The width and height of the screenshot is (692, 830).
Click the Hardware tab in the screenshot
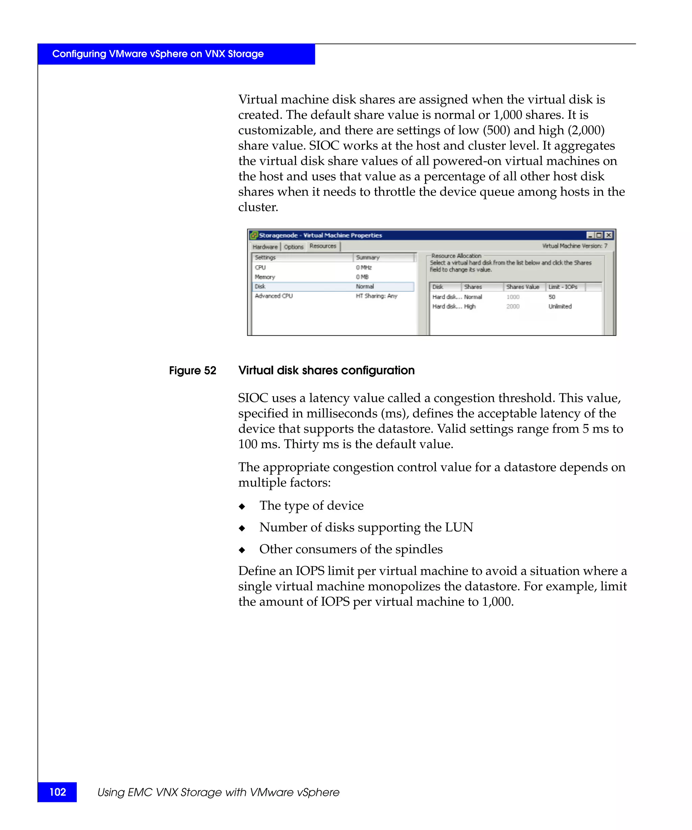click(x=265, y=247)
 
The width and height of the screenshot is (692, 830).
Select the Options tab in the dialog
click(x=293, y=247)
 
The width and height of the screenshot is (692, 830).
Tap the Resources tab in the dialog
click(x=323, y=246)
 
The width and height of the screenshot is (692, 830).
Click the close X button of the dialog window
click(x=609, y=235)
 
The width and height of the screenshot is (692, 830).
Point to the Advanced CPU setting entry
click(x=274, y=296)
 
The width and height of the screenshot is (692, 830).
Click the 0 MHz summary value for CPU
click(x=364, y=267)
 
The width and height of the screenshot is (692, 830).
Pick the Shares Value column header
click(x=522, y=287)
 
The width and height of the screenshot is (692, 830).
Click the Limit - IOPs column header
click(x=563, y=287)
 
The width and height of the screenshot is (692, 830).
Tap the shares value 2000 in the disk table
click(x=513, y=306)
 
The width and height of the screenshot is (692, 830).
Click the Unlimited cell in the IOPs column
click(x=560, y=306)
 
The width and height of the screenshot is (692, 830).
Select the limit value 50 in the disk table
click(x=552, y=297)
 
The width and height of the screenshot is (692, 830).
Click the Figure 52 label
click(x=193, y=370)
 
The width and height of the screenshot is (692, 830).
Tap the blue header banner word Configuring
click(x=79, y=54)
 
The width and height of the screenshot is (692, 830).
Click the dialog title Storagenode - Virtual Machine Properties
click(x=320, y=235)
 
